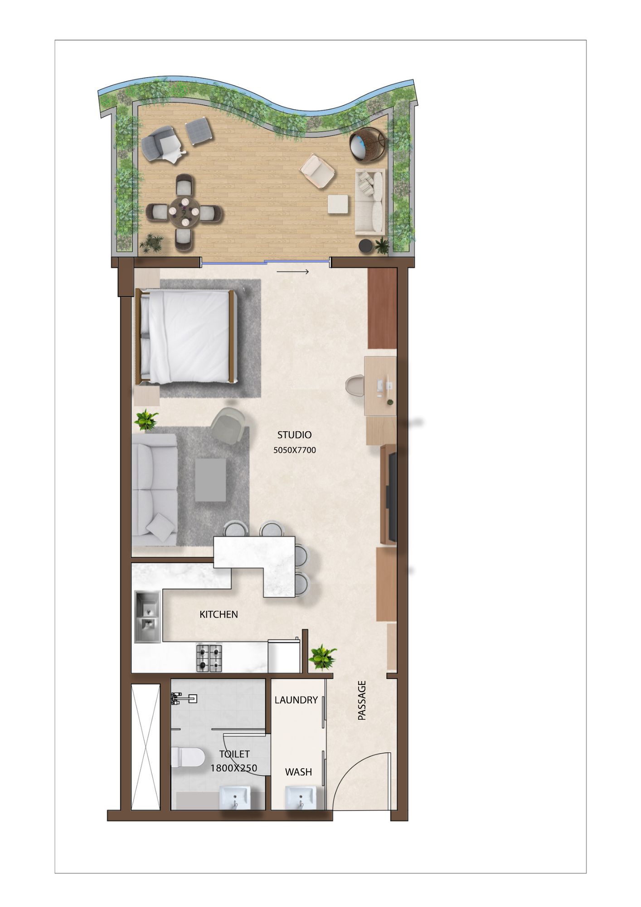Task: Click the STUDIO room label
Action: click(x=295, y=435)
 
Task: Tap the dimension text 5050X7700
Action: click(x=295, y=450)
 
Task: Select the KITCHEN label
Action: click(x=219, y=614)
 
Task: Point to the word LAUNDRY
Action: click(x=296, y=700)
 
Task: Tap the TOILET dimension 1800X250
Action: click(x=234, y=768)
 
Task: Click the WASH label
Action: click(x=298, y=771)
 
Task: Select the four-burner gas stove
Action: click(x=209, y=658)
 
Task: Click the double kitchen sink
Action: click(x=148, y=616)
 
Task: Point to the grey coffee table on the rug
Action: click(x=210, y=480)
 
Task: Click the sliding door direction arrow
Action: click(x=293, y=272)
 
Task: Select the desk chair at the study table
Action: click(x=355, y=385)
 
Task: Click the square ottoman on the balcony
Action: click(x=339, y=204)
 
